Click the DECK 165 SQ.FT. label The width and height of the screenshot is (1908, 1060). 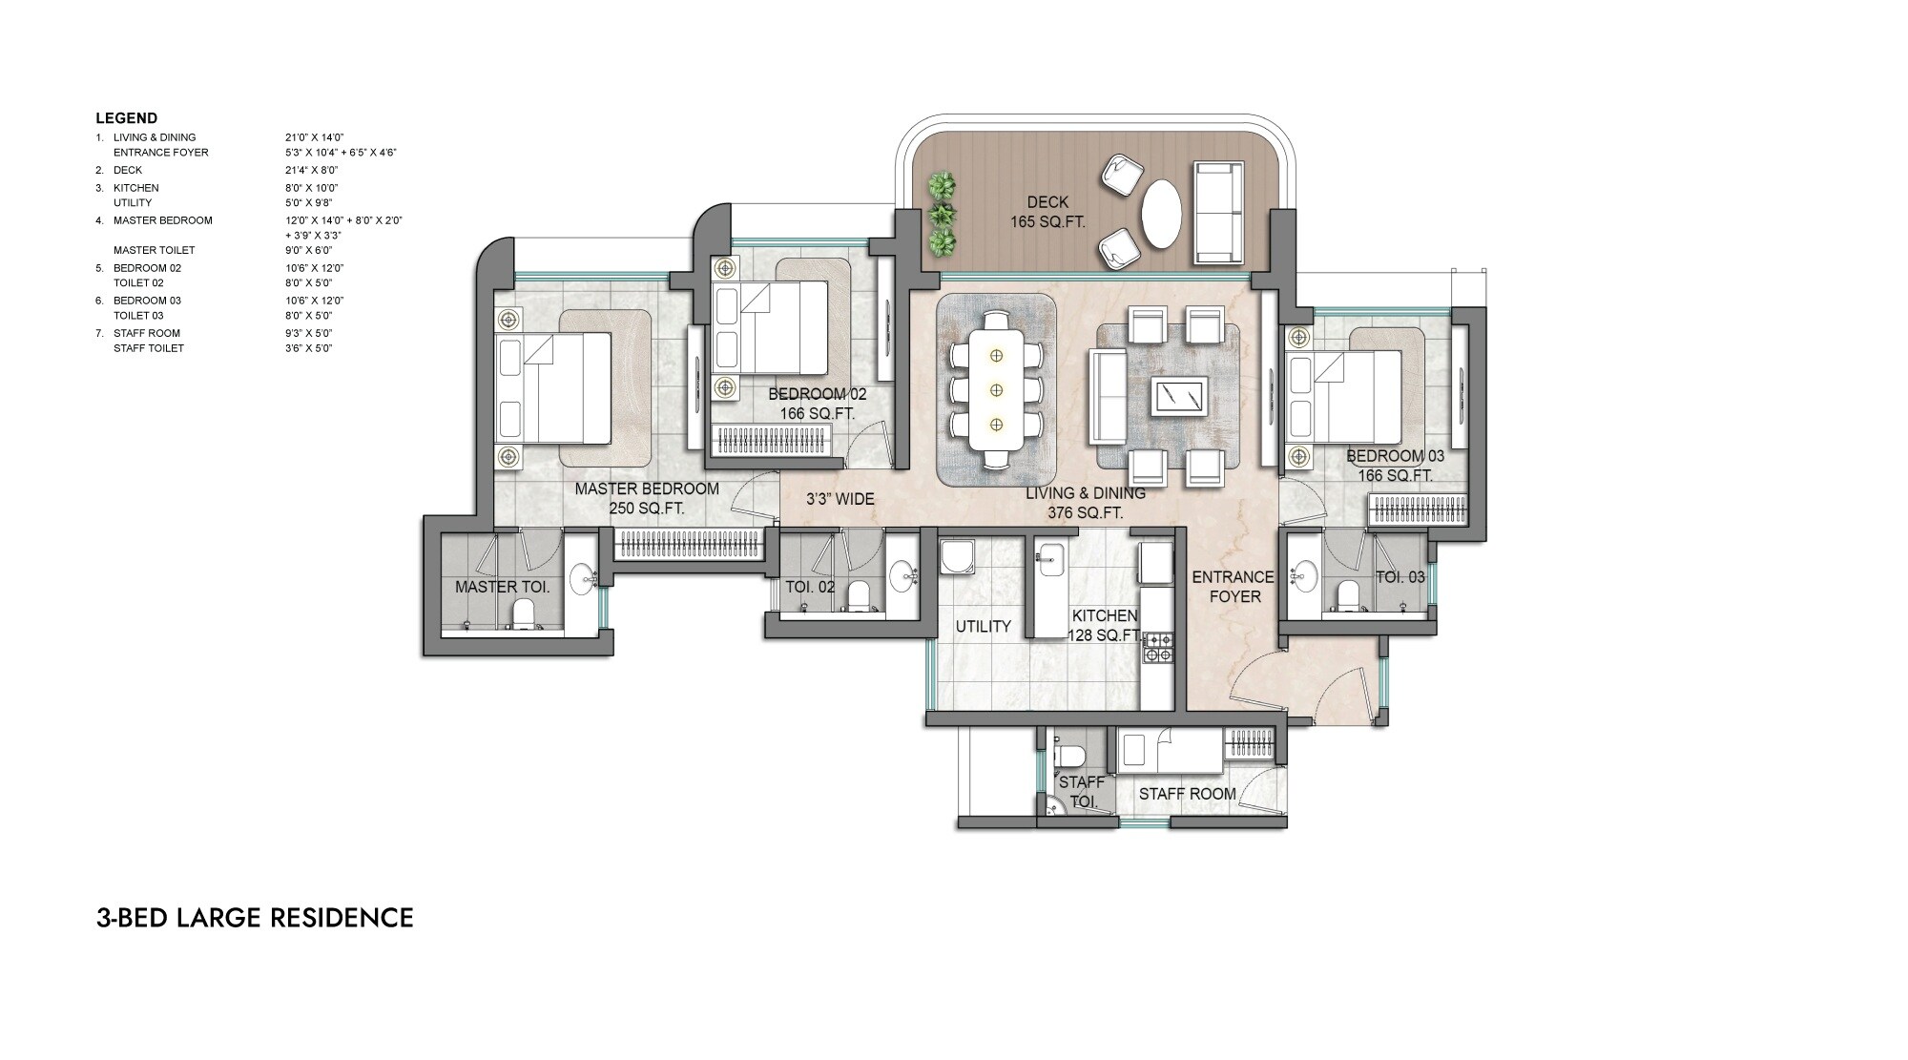(1047, 212)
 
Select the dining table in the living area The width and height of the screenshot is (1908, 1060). (996, 389)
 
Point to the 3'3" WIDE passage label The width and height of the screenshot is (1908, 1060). (840, 499)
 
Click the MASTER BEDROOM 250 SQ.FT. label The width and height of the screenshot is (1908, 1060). (647, 498)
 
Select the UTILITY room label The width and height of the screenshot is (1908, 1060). (983, 627)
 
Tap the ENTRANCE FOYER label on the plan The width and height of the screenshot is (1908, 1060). (1233, 587)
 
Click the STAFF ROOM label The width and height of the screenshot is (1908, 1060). (1187, 794)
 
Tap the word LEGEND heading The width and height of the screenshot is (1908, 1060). (126, 118)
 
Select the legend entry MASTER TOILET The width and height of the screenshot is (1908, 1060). (154, 250)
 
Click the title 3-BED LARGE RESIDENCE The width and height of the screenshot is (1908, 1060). (255, 918)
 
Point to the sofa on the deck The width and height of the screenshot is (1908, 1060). (1218, 213)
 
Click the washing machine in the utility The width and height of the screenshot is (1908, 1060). (956, 559)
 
